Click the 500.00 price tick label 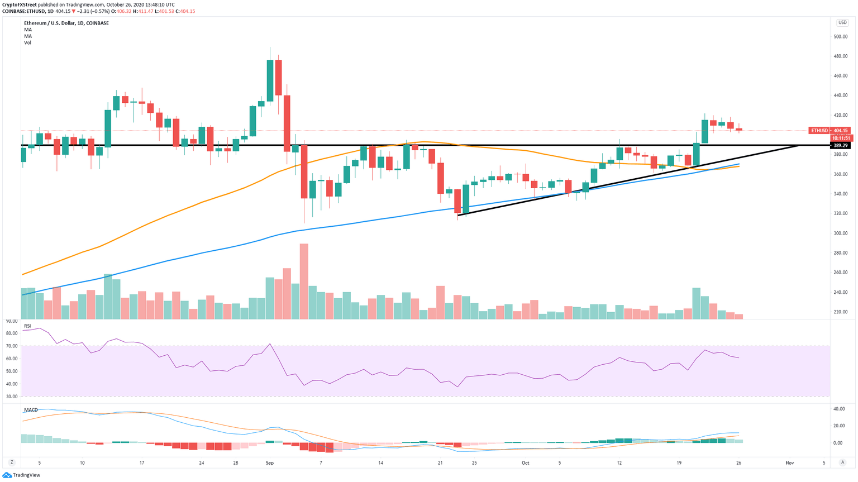[840, 37]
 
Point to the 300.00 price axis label [840, 233]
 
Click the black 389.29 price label [840, 145]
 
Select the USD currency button [842, 23]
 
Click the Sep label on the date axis [270, 463]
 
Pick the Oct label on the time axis [525, 463]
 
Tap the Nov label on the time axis [789, 463]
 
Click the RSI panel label [27, 326]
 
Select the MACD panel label [31, 410]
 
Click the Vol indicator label [27, 42]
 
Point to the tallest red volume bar [304, 281]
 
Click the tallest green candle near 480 [270, 80]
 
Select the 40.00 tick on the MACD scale [839, 409]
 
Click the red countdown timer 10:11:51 [841, 138]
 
